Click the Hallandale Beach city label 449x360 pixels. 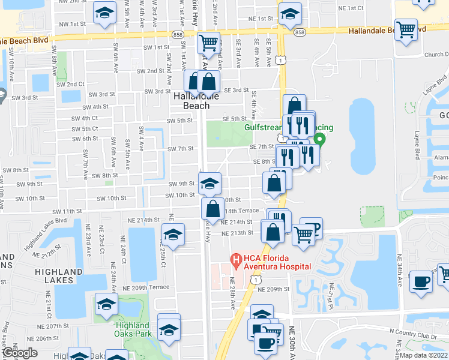pos(191,100)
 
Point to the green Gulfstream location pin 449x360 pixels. pos(320,141)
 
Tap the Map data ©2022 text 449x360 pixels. pos(423,355)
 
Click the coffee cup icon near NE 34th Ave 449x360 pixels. pos(420,281)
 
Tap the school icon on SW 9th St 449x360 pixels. pos(209,183)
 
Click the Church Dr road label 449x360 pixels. pos(435,55)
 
